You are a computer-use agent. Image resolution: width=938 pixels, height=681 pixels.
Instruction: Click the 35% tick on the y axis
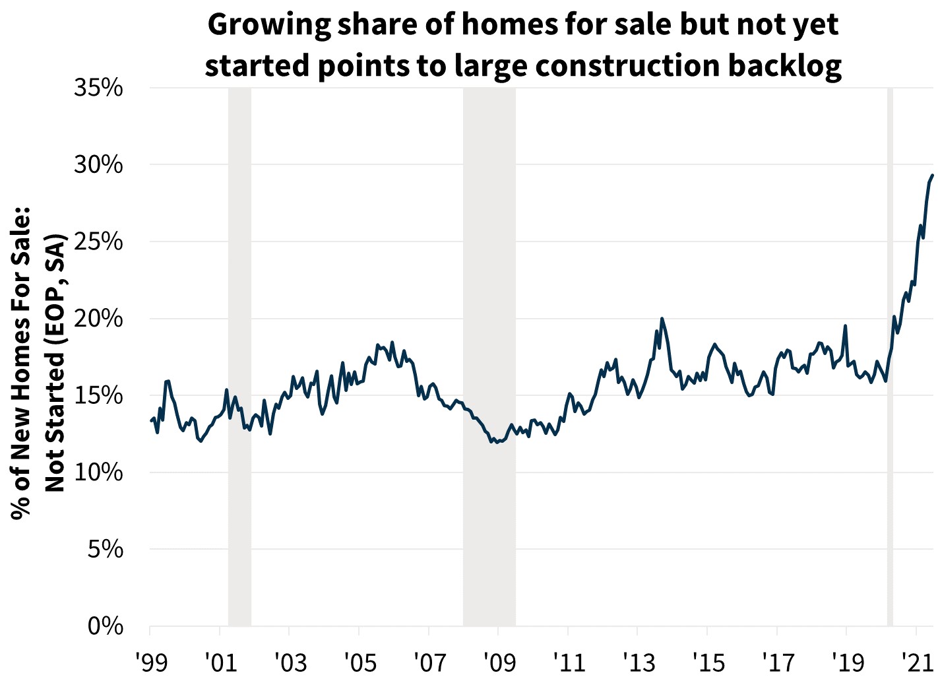click(99, 88)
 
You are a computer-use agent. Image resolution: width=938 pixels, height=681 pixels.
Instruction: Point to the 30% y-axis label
click(99, 165)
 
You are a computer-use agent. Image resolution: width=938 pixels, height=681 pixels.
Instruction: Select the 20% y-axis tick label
click(99, 319)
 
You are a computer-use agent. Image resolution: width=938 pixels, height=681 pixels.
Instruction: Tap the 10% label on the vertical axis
click(99, 472)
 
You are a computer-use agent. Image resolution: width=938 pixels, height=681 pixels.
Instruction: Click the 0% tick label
click(106, 626)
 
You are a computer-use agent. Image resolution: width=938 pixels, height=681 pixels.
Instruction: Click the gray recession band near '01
click(239, 356)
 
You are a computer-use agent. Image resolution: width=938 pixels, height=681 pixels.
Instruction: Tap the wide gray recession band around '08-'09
click(489, 356)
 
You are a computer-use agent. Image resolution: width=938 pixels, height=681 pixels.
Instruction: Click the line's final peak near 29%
click(932, 176)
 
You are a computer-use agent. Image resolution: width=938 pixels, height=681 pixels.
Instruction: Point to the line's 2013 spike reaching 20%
click(662, 319)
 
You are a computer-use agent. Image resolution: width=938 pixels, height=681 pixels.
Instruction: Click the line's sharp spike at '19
click(845, 326)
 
